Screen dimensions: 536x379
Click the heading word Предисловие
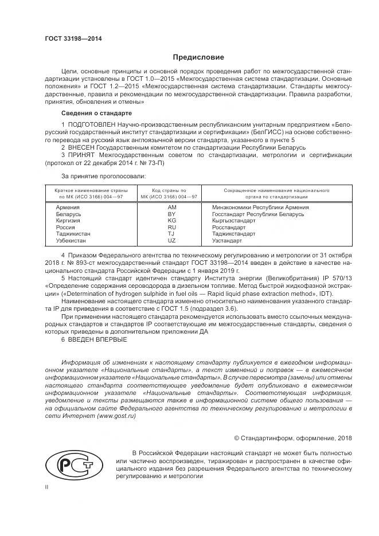[x=199, y=57]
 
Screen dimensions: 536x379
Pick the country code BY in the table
[x=171, y=214]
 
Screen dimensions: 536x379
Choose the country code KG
[x=171, y=220]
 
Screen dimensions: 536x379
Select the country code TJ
[x=171, y=234]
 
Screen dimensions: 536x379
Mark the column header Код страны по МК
[x=169, y=193]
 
